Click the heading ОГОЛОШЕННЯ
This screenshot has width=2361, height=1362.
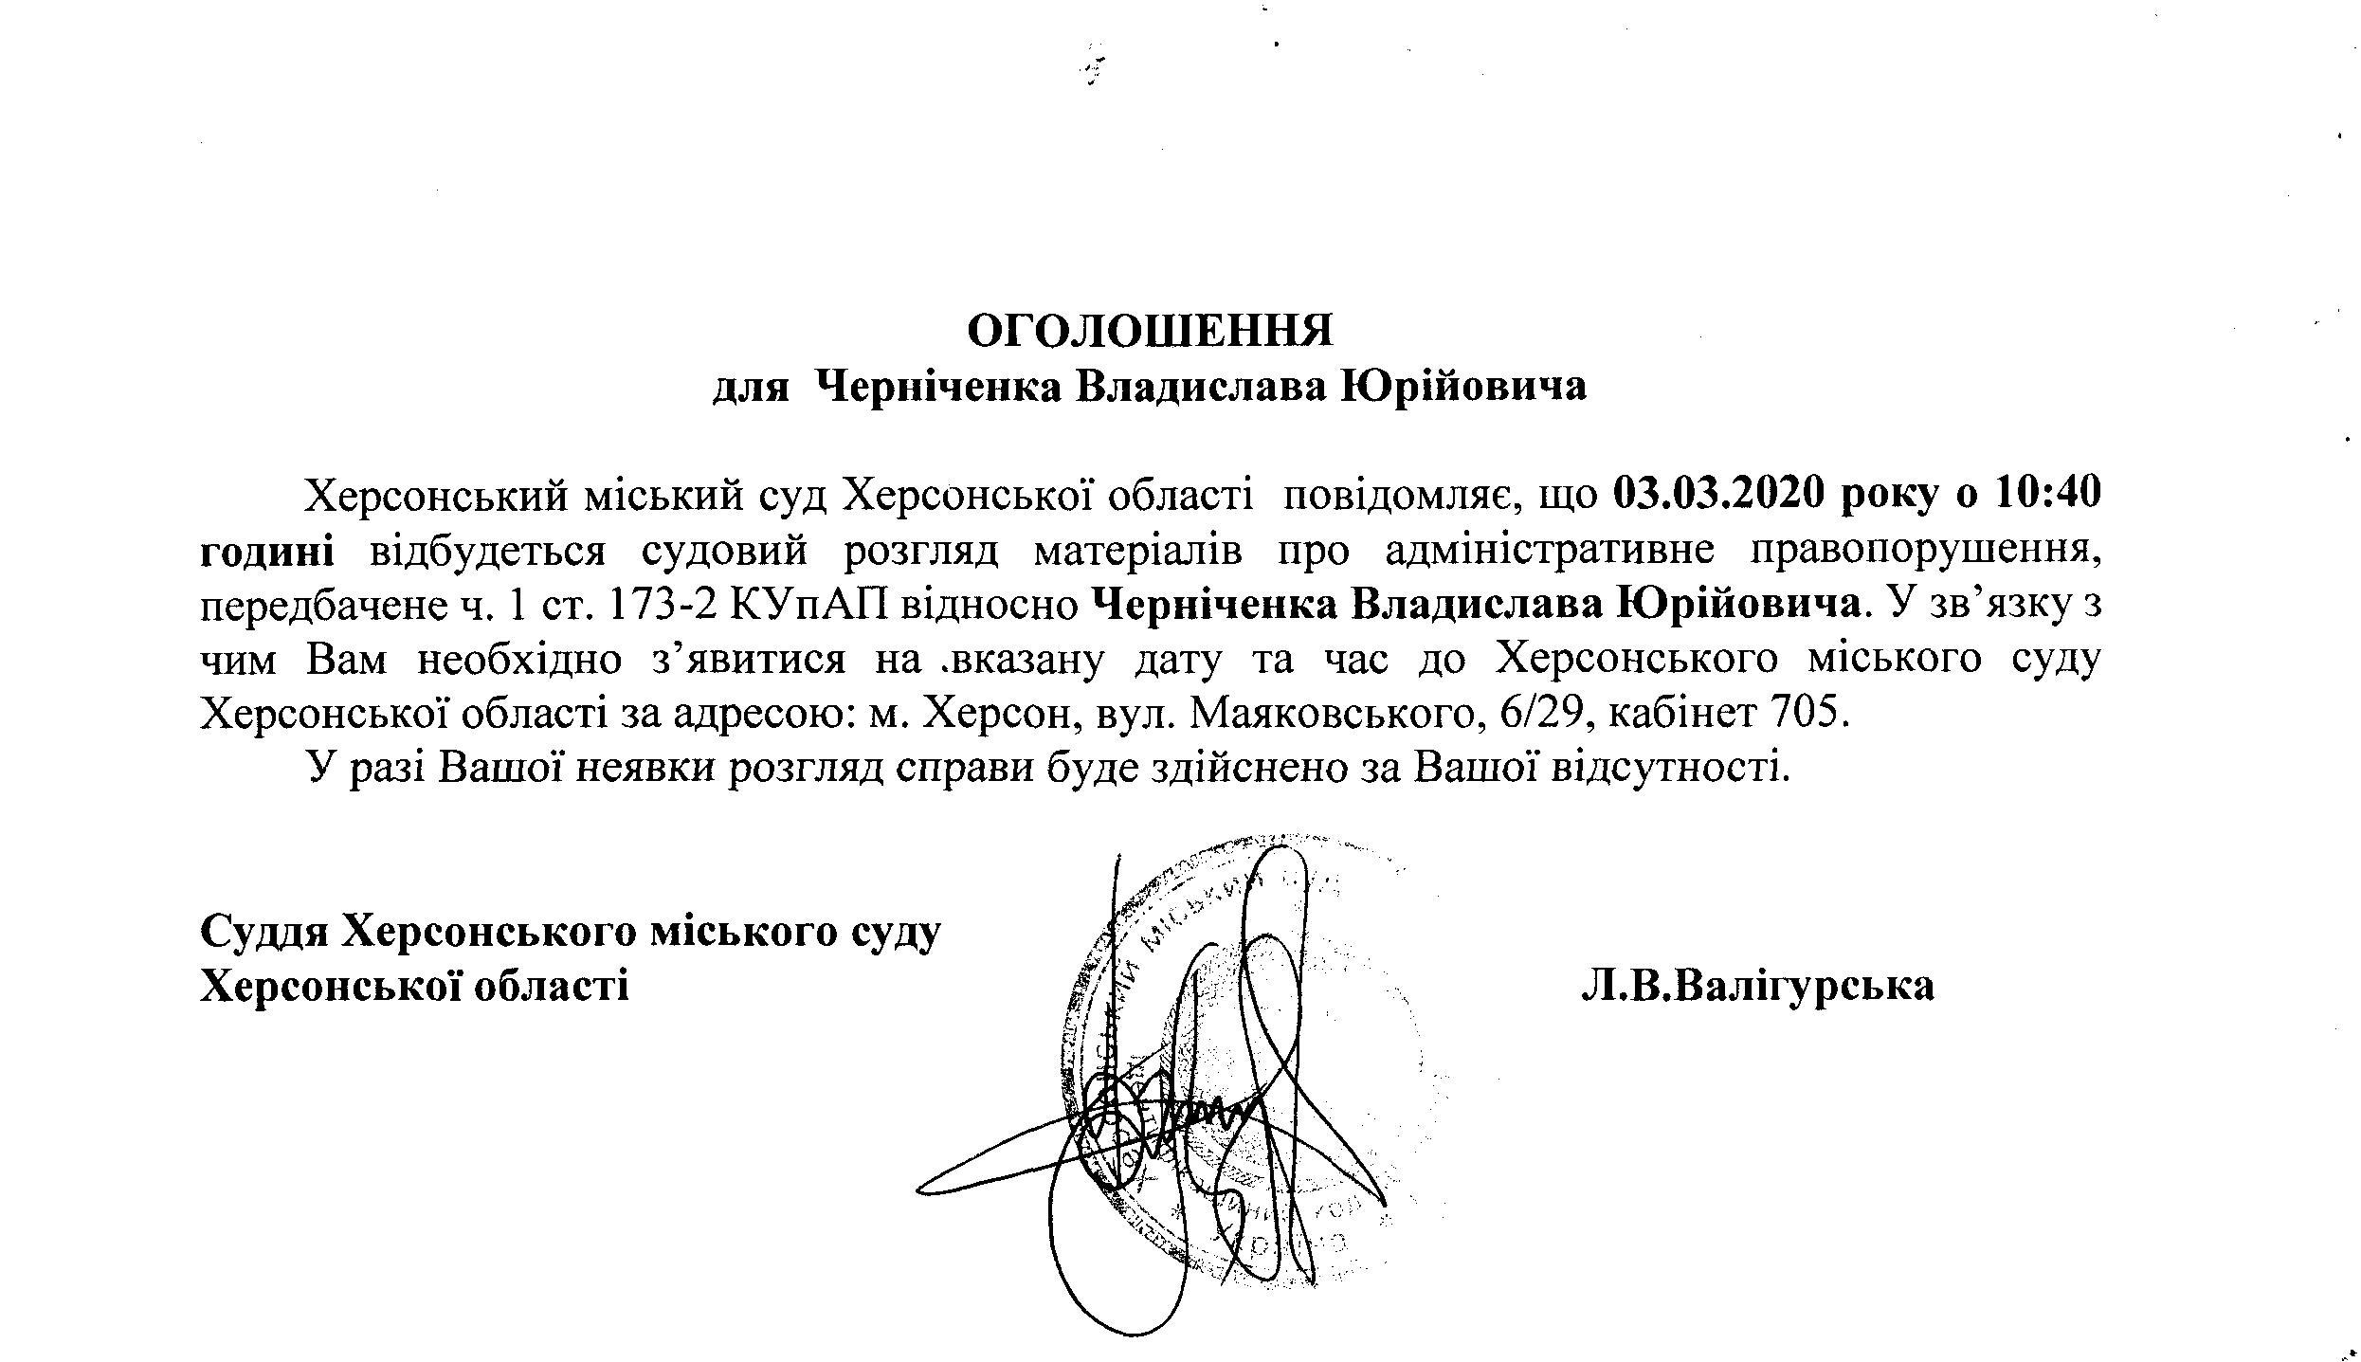1150,331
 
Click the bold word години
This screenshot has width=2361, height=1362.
266,551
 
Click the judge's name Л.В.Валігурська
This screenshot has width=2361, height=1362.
1757,987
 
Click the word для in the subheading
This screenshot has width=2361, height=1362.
751,388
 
